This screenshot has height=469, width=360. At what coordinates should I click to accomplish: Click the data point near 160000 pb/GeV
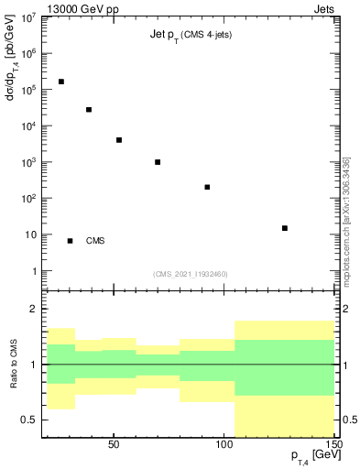[60, 82]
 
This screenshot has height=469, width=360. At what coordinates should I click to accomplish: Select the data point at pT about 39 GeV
[89, 110]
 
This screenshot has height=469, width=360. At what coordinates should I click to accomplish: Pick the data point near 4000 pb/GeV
[119, 140]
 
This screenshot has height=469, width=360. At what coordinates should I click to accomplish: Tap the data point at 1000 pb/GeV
[158, 162]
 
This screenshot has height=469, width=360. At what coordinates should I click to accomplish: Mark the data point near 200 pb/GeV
[207, 187]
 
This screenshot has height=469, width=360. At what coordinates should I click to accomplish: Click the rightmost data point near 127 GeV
[285, 228]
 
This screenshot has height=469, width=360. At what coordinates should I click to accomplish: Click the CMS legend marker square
[70, 241]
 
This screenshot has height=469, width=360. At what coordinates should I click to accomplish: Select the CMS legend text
[95, 241]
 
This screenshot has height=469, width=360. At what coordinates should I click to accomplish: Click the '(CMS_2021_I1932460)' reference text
[191, 274]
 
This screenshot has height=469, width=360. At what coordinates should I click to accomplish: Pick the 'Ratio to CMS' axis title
[16, 365]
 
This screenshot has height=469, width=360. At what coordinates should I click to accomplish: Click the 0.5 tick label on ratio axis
[30, 420]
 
